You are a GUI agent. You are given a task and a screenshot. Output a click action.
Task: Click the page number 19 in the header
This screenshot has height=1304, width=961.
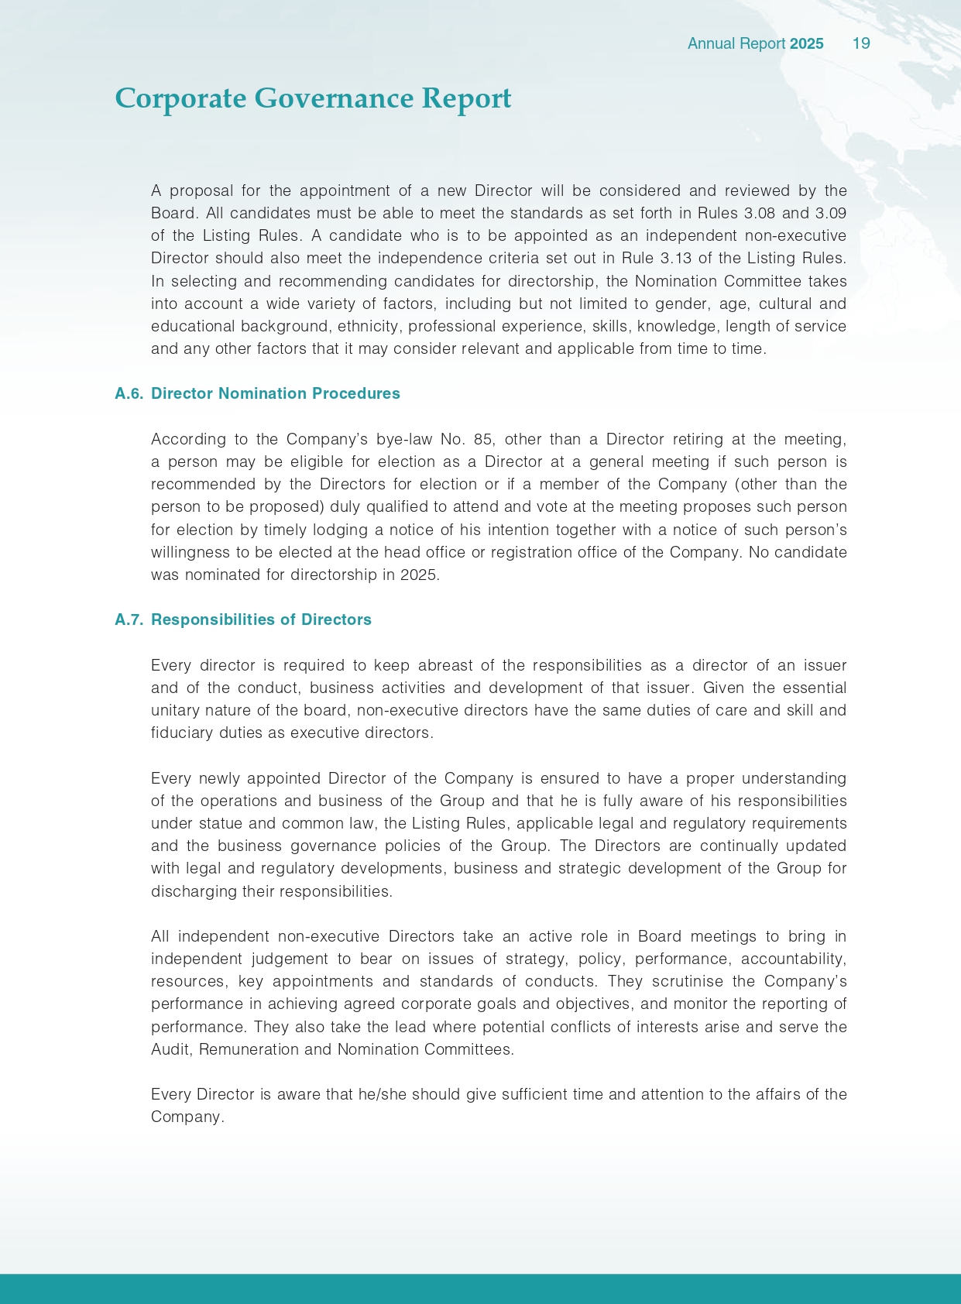click(861, 43)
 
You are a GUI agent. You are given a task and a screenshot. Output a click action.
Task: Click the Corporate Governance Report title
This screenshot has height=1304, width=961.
click(313, 99)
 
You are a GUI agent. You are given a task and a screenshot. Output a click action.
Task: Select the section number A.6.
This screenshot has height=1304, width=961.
click(129, 393)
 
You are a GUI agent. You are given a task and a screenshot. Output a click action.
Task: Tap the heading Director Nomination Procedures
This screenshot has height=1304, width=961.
click(276, 393)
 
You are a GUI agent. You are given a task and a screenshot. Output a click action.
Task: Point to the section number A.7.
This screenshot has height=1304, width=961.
click(129, 619)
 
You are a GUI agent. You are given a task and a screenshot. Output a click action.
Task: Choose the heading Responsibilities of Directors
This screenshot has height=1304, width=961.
click(261, 619)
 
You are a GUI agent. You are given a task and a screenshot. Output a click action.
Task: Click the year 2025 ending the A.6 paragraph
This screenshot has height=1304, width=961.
click(419, 575)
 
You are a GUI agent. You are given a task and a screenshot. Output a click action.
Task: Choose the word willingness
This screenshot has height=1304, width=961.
click(190, 552)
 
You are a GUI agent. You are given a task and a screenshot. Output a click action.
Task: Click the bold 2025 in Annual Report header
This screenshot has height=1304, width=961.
click(806, 43)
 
